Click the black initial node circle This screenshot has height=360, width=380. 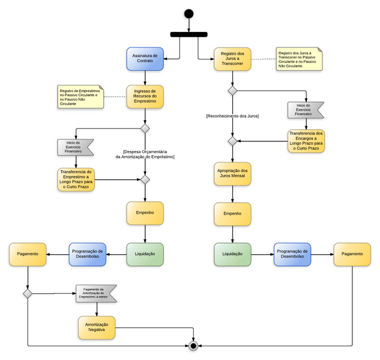(189, 13)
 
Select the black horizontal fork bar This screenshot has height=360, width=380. (189, 34)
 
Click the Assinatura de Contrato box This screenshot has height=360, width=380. (145, 59)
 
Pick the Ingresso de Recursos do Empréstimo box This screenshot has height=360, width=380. (145, 96)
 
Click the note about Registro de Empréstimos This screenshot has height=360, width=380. (80, 96)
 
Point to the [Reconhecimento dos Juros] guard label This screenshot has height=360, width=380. (232, 115)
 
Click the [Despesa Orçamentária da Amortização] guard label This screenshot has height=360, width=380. (145, 154)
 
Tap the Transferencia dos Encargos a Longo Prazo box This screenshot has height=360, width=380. (306, 141)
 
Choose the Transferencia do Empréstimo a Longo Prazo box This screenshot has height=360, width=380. (76, 179)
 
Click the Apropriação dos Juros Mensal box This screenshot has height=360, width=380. (232, 175)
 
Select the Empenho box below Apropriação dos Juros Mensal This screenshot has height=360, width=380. (232, 213)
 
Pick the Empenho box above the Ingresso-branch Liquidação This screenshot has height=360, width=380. (145, 213)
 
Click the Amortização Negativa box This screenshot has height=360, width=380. (96, 328)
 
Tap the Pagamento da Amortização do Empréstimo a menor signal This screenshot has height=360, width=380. (96, 293)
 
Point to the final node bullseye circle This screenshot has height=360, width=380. (193, 346)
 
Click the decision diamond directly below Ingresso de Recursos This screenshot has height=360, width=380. (145, 129)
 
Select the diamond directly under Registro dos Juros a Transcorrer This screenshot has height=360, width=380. (232, 91)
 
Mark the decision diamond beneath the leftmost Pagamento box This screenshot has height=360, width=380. (28, 293)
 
